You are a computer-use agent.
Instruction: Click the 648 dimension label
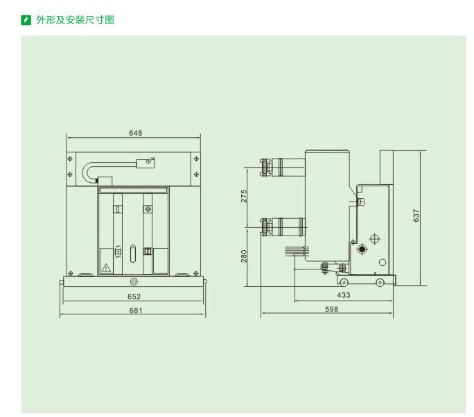click(135, 133)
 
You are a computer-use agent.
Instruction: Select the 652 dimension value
click(134, 296)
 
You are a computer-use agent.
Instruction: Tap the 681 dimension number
click(136, 310)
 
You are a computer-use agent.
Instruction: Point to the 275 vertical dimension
click(244, 196)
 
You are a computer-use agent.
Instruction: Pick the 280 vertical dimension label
click(244, 256)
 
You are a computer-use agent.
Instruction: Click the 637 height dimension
click(416, 215)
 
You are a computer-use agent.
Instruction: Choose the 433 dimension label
click(344, 295)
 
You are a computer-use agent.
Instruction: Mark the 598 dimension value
click(332, 309)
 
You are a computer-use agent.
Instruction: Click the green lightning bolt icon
click(26, 20)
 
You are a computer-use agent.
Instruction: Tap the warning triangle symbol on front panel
click(106, 268)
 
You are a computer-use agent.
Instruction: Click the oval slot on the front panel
click(133, 254)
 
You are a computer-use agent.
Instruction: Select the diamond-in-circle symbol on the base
click(134, 282)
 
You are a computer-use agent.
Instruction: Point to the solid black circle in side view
click(362, 249)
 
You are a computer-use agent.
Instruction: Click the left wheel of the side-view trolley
click(344, 283)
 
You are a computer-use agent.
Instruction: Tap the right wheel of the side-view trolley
click(380, 283)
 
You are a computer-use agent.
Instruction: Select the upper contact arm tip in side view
click(264, 167)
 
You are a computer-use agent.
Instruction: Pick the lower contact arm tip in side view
click(264, 227)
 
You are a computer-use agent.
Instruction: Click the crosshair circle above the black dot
click(375, 239)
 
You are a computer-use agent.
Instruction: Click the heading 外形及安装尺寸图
click(76, 20)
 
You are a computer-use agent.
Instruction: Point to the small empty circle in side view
click(383, 263)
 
